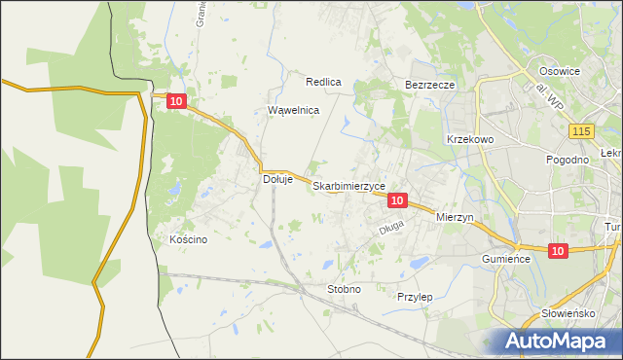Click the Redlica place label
coord(323,83)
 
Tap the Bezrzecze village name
coord(429,85)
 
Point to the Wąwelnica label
coord(293,110)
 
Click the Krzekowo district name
coord(471,139)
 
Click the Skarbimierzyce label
coord(349,185)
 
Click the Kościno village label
coord(188,239)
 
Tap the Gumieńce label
coord(505,260)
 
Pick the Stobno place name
coord(344,289)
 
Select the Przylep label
coord(415,296)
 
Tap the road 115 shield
coord(583,131)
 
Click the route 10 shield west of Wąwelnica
coord(175,100)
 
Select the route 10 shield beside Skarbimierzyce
coord(396,199)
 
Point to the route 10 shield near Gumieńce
coord(557,251)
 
